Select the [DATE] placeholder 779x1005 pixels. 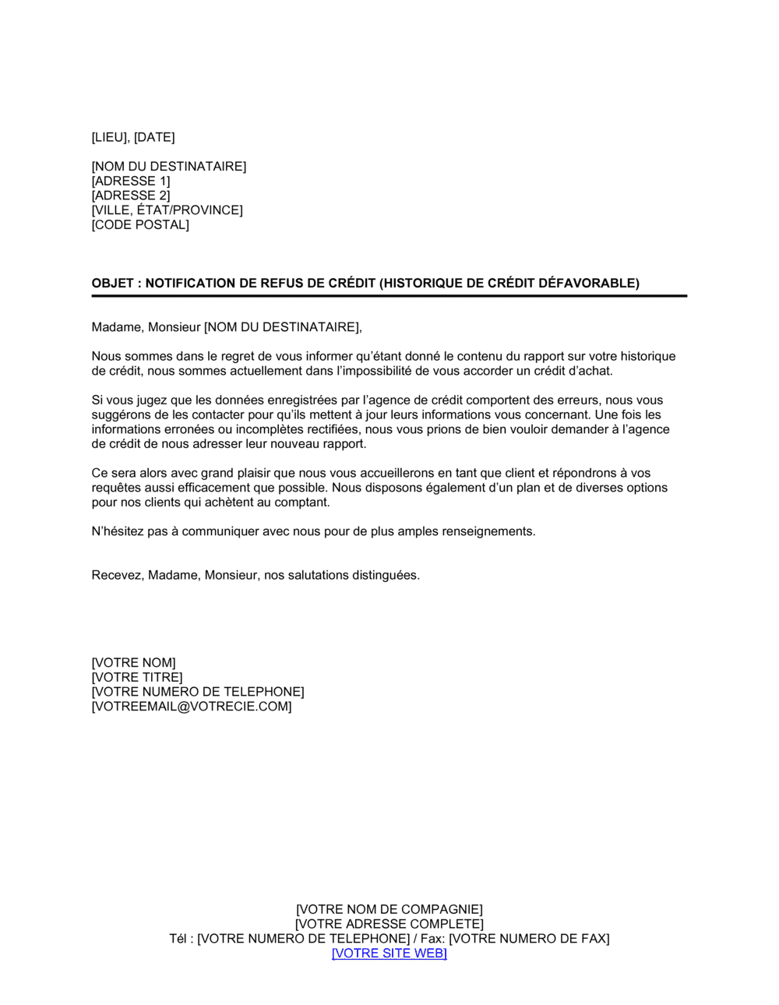154,138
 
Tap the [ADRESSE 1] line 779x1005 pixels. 131,182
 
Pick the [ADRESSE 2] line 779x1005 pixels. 131,196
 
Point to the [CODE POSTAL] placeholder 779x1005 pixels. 140,225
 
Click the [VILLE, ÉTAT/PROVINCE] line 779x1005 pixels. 167,210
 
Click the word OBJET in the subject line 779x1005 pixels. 112,284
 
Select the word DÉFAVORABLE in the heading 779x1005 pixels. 588,284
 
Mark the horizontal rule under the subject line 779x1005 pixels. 389,296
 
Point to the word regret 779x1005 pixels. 220,357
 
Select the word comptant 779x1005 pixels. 305,503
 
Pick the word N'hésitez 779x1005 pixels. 118,532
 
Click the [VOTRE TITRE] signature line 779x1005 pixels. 137,678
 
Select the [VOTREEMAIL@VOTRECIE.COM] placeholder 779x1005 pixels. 192,707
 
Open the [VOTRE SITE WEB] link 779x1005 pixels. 389,954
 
